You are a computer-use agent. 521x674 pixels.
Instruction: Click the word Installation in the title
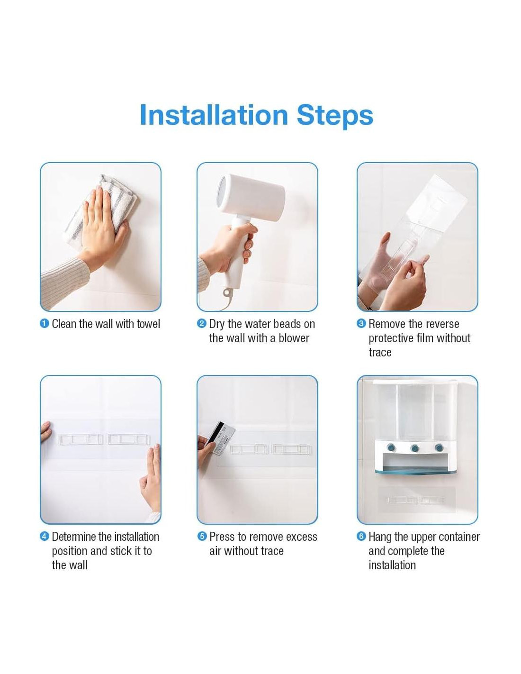pos(214,115)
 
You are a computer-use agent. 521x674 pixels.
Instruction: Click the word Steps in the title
pos(335,115)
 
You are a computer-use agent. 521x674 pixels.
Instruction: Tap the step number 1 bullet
pos(45,324)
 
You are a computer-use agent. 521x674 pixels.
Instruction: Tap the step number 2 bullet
pos(201,324)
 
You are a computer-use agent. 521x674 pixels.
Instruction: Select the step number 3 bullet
pos(361,324)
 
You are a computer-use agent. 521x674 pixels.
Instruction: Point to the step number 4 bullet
pos(45,536)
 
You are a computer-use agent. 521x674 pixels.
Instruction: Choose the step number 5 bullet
pos(202,536)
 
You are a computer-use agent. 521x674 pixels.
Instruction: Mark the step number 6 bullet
pos(361,536)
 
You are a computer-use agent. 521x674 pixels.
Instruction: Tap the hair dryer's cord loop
pos(228,292)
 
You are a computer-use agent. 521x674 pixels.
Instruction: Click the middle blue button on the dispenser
pos(414,448)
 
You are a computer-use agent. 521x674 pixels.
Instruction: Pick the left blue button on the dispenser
pos(391,447)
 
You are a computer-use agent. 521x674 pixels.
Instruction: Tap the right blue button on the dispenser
pos(439,447)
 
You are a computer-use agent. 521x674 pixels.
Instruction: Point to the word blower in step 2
pos(294,338)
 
